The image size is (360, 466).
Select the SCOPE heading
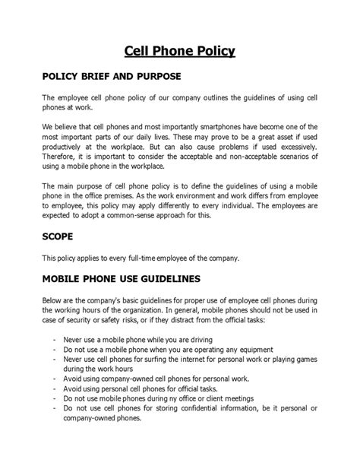[62, 237]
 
